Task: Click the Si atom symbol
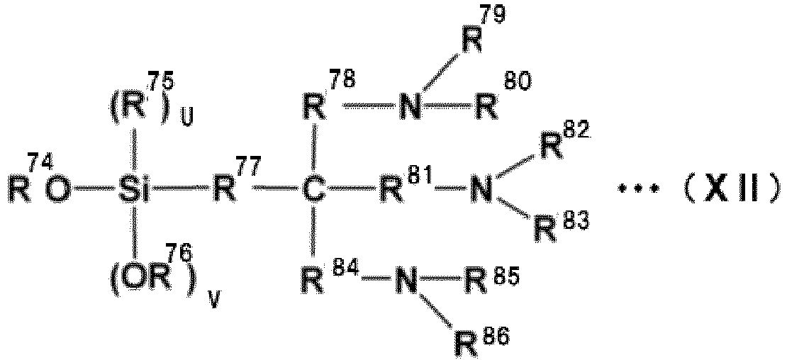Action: click(133, 193)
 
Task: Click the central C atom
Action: click(313, 193)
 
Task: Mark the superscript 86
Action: click(497, 337)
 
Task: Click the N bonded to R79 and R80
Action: click(410, 107)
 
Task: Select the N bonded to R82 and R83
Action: click(481, 193)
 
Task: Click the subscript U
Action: click(186, 120)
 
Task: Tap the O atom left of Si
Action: click(58, 193)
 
